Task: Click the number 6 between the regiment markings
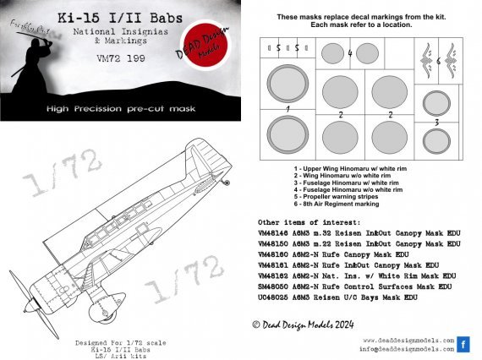point(438,62)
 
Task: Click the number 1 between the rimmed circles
point(288,110)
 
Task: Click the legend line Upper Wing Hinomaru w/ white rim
point(337,169)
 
